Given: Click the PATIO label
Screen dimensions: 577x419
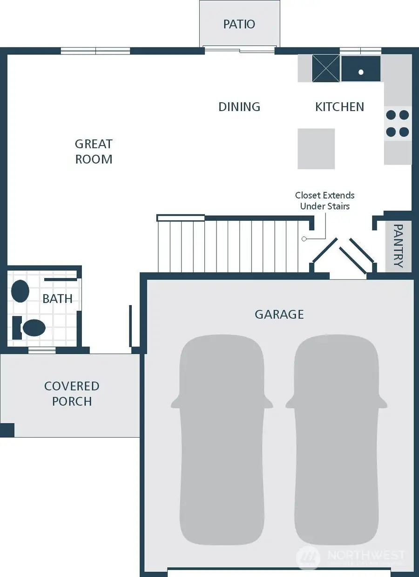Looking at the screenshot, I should tap(239, 24).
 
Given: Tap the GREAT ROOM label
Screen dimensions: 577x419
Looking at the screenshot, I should tap(94, 152).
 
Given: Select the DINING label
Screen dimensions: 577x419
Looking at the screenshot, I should tap(239, 107).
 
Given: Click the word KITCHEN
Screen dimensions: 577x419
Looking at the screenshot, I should tap(339, 107).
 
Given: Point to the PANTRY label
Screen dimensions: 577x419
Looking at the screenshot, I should tap(398, 246).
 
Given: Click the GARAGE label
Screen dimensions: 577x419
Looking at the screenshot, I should tap(279, 315).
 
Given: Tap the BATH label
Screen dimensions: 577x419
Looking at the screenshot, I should tap(57, 299).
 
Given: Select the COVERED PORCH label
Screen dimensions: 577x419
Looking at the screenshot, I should tap(72, 394).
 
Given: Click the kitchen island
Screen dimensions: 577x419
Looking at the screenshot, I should tap(316, 149).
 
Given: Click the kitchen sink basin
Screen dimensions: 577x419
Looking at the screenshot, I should tap(361, 69).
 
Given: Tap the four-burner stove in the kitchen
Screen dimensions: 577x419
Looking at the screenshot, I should tap(398, 123).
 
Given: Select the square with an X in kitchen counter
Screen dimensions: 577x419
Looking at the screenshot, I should tap(325, 69).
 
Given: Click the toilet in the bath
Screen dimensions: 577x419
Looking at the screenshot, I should tap(31, 328).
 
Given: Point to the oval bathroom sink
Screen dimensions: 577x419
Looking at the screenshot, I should tap(20, 292).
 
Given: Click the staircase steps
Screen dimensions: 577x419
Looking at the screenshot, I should tap(228, 245).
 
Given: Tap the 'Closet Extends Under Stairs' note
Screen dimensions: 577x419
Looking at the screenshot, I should tap(324, 201).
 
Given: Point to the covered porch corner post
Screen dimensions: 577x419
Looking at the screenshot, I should tap(7, 430).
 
